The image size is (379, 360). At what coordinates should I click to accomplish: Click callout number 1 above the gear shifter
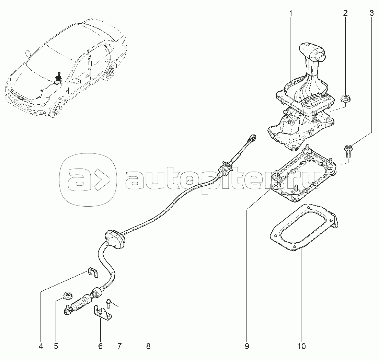coord(290,13)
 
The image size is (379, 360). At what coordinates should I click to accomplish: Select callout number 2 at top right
coord(345,13)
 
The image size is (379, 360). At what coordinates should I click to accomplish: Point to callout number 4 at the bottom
coord(41,347)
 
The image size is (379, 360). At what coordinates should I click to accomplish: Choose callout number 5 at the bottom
coord(56,347)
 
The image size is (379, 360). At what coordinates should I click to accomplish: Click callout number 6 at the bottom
coord(100,347)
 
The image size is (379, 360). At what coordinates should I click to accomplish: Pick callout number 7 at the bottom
coord(119,347)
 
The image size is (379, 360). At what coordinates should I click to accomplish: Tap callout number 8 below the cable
coord(148,347)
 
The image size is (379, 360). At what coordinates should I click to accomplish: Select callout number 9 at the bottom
coord(247,347)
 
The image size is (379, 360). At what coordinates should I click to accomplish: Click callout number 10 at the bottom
coord(302,347)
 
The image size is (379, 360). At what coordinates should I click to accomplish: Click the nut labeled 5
coord(66,295)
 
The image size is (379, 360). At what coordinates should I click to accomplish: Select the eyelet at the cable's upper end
coord(253,138)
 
